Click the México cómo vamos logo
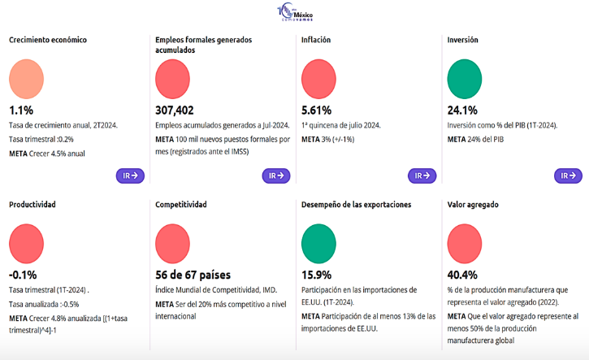tap(295, 15)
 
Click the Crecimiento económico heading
tap(48, 40)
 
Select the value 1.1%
tap(21, 111)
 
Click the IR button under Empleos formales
tap(275, 176)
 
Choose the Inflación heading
tap(316, 40)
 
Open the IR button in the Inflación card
tap(422, 176)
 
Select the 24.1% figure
tap(462, 111)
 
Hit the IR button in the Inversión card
tap(568, 176)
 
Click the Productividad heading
tap(32, 205)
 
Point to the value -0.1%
tap(23, 275)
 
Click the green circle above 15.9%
tap(318, 243)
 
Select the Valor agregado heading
tap(473, 205)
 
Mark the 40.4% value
tap(462, 275)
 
